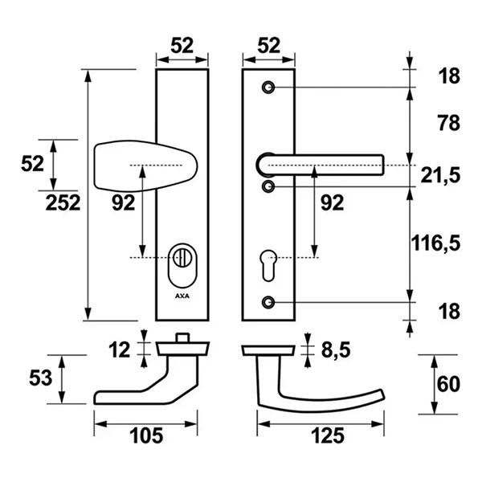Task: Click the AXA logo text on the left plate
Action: point(182,296)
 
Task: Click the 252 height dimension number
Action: point(63,202)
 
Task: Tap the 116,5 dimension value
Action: point(436,243)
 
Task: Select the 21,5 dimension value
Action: point(440,176)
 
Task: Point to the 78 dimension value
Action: point(449,123)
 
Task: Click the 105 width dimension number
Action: point(146,436)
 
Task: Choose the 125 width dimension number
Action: point(328,436)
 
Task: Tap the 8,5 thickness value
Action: point(336,350)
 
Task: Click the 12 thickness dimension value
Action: point(120,349)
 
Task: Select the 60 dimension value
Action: point(448,384)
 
